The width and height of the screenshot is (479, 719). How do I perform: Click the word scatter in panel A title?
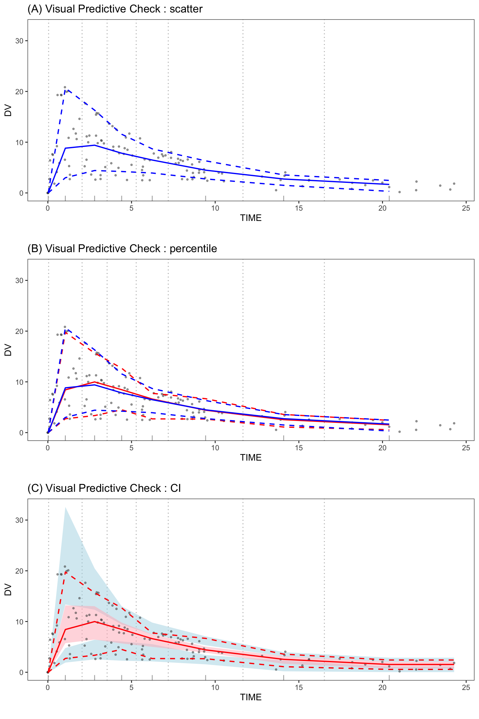[x=186, y=9]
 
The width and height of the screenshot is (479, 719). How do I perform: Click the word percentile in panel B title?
[x=193, y=249]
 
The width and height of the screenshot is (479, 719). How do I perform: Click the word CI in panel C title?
[x=176, y=488]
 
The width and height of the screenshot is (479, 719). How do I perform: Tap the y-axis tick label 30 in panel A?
[x=19, y=41]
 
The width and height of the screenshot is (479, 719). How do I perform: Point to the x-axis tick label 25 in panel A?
[x=466, y=208]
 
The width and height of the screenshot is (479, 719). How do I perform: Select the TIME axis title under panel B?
[x=251, y=458]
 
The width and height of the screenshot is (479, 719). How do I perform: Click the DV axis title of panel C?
[x=8, y=590]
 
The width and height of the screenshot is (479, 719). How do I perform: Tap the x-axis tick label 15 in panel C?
[x=298, y=687]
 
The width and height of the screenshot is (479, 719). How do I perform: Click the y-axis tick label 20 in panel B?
[x=19, y=331]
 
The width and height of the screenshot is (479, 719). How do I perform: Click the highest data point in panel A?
[x=65, y=87]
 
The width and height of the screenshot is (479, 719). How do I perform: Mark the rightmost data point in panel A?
[x=454, y=183]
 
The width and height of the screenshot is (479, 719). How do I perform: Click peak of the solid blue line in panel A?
[x=94, y=145]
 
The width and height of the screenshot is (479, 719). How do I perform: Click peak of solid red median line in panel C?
[x=94, y=622]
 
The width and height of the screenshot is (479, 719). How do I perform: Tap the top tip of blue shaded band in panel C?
[x=65, y=507]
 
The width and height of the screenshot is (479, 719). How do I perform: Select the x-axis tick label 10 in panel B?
[x=215, y=448]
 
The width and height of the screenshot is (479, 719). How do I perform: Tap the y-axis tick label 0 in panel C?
[x=21, y=673]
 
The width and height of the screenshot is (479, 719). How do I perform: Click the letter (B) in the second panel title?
[x=35, y=249]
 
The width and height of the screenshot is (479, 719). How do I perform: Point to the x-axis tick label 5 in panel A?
[x=131, y=208]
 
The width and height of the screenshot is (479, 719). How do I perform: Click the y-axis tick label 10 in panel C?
[x=19, y=622]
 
